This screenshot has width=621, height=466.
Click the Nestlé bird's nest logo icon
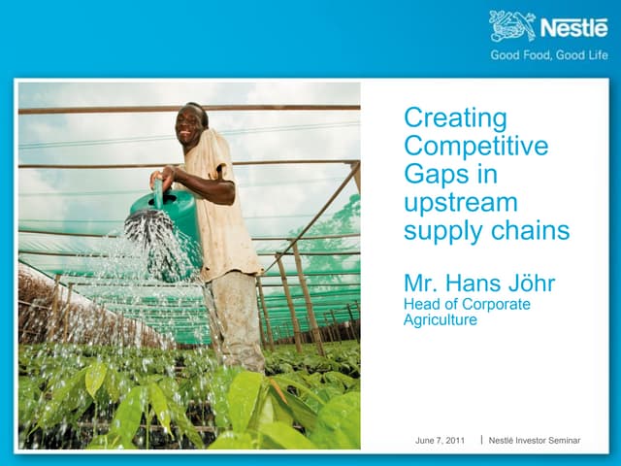pyautogui.click(x=512, y=25)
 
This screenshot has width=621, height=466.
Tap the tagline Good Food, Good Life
pyautogui.click(x=548, y=54)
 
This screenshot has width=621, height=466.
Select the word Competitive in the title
pyautogui.click(x=475, y=147)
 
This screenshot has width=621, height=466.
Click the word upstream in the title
pyautogui.click(x=461, y=204)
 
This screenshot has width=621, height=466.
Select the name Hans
pyautogui.click(x=473, y=284)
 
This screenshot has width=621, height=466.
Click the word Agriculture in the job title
pyautogui.click(x=441, y=319)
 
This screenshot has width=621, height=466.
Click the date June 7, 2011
pyautogui.click(x=440, y=441)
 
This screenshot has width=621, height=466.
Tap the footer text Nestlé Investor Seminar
pyautogui.click(x=535, y=441)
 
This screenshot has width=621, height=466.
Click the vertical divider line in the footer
pyautogui.click(x=481, y=441)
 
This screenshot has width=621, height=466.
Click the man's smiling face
pyautogui.click(x=190, y=124)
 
